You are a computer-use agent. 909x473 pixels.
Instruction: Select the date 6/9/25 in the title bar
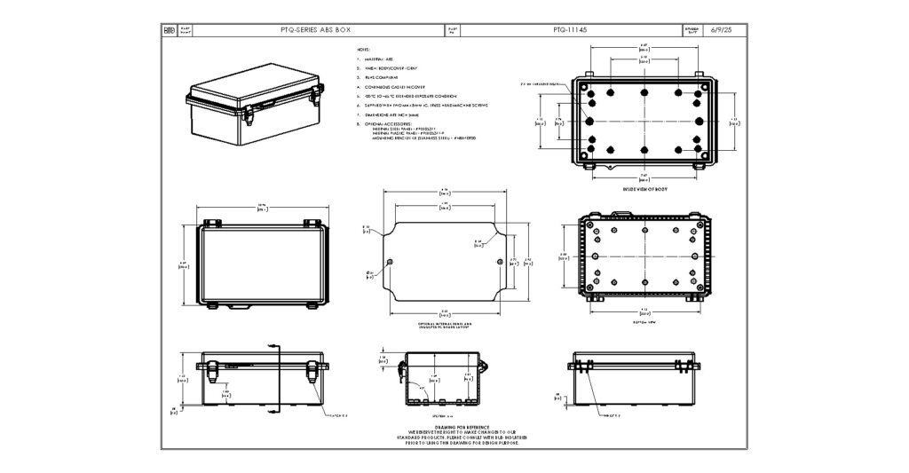[x=723, y=29]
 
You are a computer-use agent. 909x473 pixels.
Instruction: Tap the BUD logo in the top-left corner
[x=170, y=29]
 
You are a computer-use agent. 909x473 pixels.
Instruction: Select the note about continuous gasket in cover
[x=391, y=87]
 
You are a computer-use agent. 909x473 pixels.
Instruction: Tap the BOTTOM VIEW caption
[x=644, y=323]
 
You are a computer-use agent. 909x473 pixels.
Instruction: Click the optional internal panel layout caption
[x=444, y=326]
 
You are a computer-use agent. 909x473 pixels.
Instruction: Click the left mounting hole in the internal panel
[x=391, y=261]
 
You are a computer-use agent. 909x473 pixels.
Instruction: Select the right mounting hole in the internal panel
[x=500, y=261]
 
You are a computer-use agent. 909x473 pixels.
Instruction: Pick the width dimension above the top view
[x=262, y=208]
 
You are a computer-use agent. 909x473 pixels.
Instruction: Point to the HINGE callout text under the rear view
[x=612, y=414]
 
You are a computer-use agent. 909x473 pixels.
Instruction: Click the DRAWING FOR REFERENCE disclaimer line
[x=445, y=427]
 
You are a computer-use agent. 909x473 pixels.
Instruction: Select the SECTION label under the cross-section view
[x=441, y=414]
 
